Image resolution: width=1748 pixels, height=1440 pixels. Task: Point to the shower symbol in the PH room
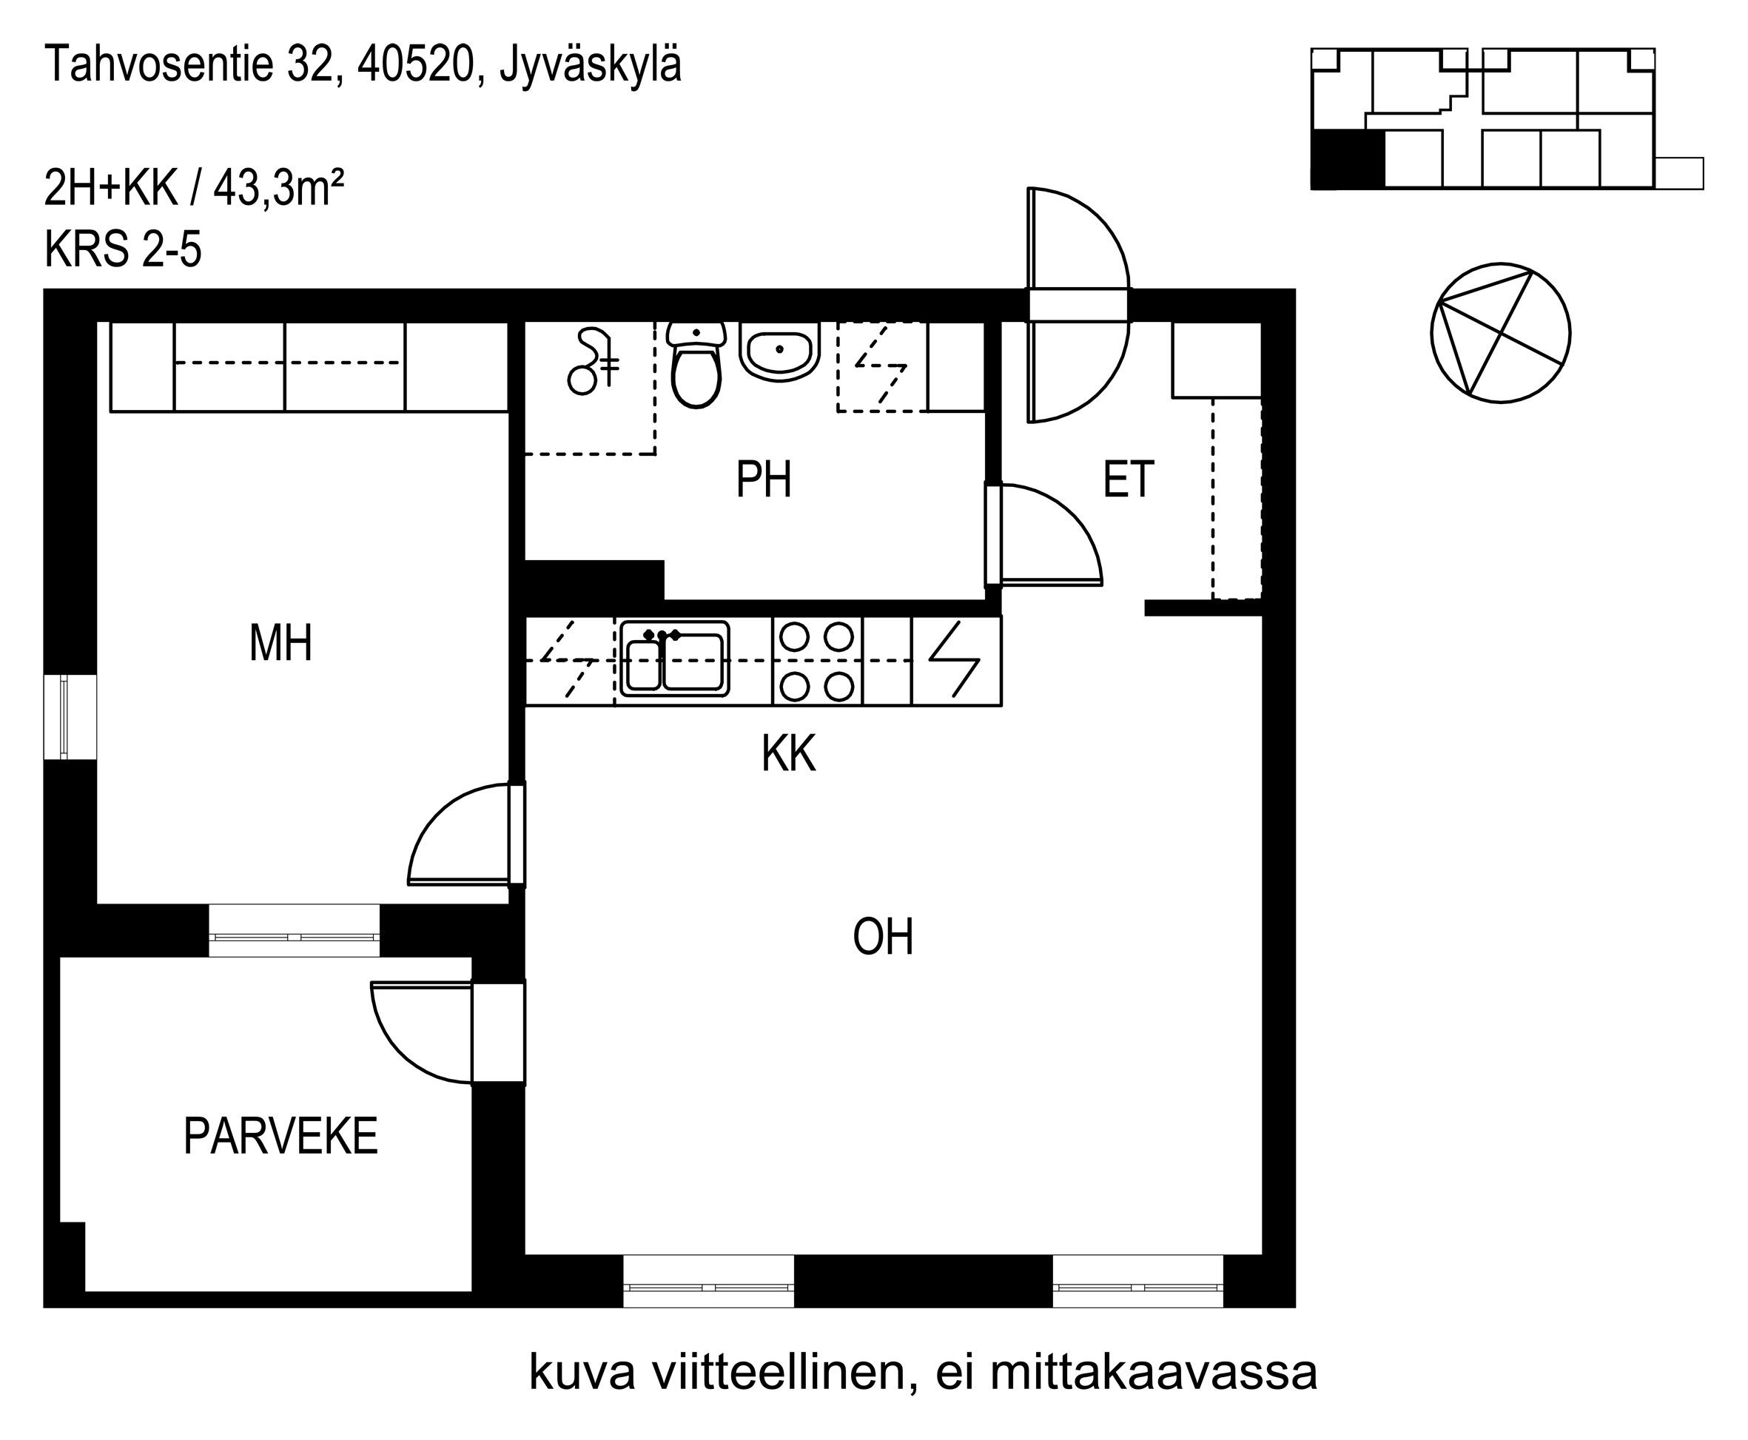coord(594,363)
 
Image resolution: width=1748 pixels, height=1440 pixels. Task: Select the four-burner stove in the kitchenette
coord(817,661)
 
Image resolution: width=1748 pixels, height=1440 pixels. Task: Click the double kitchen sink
coord(674,659)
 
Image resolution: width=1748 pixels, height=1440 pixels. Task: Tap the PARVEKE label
coord(280,1137)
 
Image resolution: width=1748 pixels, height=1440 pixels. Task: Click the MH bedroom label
coord(281,644)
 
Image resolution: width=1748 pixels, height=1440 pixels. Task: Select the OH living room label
coord(883,938)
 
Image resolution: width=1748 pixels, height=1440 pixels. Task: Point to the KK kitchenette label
coord(789,754)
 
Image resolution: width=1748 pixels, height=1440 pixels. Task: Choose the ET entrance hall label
coord(1129,480)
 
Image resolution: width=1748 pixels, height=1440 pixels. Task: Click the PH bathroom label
coord(763,480)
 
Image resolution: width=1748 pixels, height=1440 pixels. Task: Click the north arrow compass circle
coord(1500,334)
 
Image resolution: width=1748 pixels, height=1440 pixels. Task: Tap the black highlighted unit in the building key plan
coord(1348,158)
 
